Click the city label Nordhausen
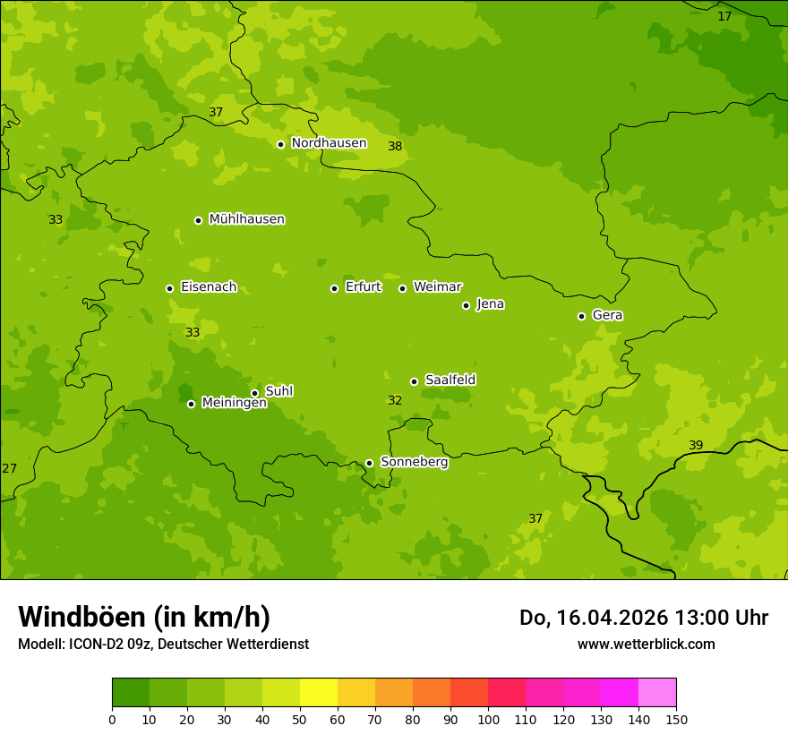click(x=329, y=143)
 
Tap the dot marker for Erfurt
click(x=334, y=288)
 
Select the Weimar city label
click(x=437, y=287)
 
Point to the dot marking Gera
click(x=581, y=316)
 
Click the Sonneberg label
click(x=414, y=462)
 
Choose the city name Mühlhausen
click(x=246, y=219)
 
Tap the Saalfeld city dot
click(x=414, y=381)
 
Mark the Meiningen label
click(x=234, y=404)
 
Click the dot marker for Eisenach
click(x=169, y=288)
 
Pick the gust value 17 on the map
click(x=724, y=17)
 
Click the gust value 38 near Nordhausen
click(x=395, y=147)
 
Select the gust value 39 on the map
click(x=696, y=446)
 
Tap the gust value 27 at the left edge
click(x=10, y=469)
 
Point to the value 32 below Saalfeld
click(x=395, y=401)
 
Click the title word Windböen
click(x=81, y=617)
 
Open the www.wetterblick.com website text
click(x=646, y=645)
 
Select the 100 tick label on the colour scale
click(x=488, y=720)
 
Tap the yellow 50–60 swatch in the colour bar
click(x=319, y=693)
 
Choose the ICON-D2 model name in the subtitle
click(x=98, y=645)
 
